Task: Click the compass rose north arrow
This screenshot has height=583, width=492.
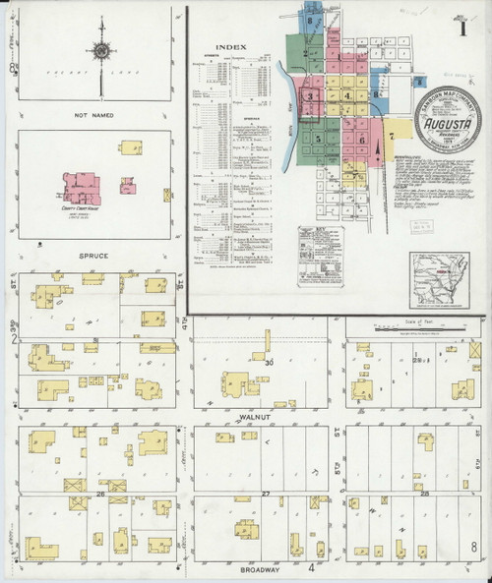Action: coord(100,48)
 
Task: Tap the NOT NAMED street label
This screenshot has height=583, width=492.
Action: coord(95,116)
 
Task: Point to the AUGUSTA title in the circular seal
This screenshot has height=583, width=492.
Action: coord(449,126)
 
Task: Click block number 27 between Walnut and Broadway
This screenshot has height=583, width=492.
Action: coord(265,492)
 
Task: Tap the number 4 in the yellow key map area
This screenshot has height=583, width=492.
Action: coord(348,95)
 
